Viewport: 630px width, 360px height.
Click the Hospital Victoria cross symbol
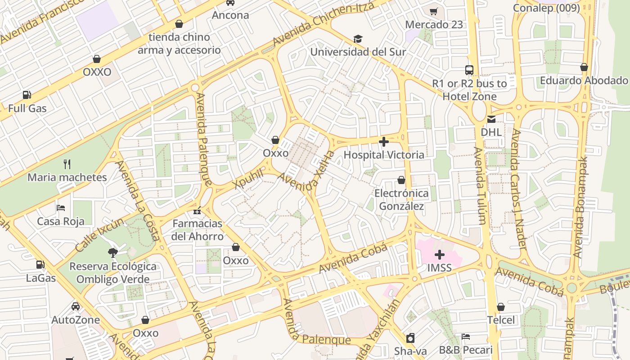(384, 142)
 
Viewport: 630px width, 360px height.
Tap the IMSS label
(439, 268)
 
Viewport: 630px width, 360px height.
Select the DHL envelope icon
(491, 119)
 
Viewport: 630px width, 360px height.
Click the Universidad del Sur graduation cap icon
(358, 39)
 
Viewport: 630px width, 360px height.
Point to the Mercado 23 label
(434, 25)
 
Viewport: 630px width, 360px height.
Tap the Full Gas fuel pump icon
(27, 95)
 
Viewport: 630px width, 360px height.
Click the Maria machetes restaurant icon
(67, 164)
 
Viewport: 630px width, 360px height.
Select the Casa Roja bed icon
(61, 208)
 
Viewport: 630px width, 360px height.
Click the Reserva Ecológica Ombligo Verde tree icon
(113, 253)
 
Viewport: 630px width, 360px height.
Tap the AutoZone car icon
(76, 306)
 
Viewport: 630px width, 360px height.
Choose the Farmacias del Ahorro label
(198, 230)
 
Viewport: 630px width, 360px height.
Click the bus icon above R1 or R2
(469, 70)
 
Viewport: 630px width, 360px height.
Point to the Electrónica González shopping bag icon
(401, 180)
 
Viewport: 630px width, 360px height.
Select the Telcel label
(501, 320)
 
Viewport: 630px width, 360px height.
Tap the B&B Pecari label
(466, 350)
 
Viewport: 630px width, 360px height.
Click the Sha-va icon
(410, 338)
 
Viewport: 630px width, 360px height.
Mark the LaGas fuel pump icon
(40, 265)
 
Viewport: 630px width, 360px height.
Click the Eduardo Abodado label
(584, 81)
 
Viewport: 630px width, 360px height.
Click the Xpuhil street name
(248, 179)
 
